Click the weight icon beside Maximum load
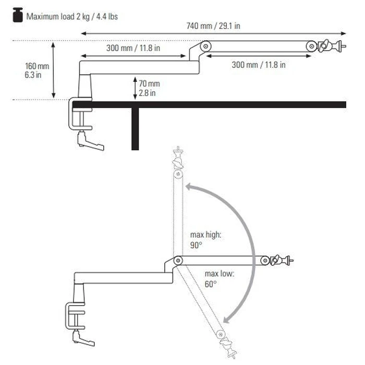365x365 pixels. [18, 16]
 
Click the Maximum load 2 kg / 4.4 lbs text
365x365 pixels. [72, 17]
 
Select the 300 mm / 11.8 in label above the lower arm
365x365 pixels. [133, 48]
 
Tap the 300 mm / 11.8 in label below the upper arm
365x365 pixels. [259, 65]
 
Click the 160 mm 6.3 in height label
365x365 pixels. [37, 70]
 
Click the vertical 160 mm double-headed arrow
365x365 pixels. [54, 70]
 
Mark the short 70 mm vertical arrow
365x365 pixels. [135, 88]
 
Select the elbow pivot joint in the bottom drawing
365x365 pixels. [178, 259]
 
